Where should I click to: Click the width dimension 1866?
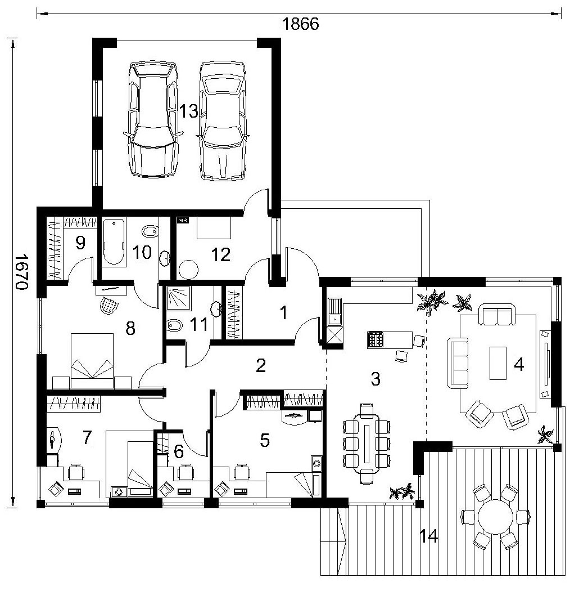pyautogui.click(x=300, y=24)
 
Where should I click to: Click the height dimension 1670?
pyautogui.click(x=22, y=271)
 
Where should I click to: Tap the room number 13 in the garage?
pyautogui.click(x=188, y=111)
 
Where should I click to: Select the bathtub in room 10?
pyautogui.click(x=114, y=241)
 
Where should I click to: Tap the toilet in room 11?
pyautogui.click(x=174, y=325)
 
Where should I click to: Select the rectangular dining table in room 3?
pyautogui.click(x=368, y=441)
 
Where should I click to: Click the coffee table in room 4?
pyautogui.click(x=498, y=363)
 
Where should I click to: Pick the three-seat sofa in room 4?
pyautogui.click(x=458, y=363)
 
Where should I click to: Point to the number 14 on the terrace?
pyautogui.click(x=429, y=536)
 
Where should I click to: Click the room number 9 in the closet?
pyautogui.click(x=80, y=243)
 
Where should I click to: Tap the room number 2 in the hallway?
pyautogui.click(x=260, y=365)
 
